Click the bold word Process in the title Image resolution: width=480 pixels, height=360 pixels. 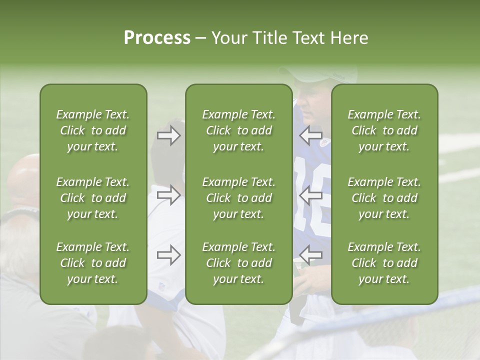(x=157, y=38)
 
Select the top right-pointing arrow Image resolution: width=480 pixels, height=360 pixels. (x=168, y=135)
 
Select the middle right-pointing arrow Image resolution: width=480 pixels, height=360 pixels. (x=168, y=195)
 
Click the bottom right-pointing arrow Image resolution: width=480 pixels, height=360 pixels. (x=168, y=255)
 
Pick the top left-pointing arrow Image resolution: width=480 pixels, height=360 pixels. (x=310, y=135)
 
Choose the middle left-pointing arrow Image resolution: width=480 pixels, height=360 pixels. (x=310, y=195)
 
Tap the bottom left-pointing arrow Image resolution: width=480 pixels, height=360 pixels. (x=310, y=255)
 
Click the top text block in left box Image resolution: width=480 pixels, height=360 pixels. (x=93, y=130)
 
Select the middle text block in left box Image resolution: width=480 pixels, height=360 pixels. (x=93, y=198)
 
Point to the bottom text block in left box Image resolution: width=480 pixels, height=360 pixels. (x=93, y=263)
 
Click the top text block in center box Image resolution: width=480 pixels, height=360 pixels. (x=238, y=130)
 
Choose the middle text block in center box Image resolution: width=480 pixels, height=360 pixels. (x=238, y=198)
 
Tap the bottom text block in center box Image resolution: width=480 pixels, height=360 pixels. (x=238, y=263)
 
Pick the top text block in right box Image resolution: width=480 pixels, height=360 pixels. (x=384, y=130)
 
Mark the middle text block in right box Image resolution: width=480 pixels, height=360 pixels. (x=384, y=198)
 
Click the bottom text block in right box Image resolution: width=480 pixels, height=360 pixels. (x=384, y=263)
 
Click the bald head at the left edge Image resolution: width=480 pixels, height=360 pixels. (x=22, y=177)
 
